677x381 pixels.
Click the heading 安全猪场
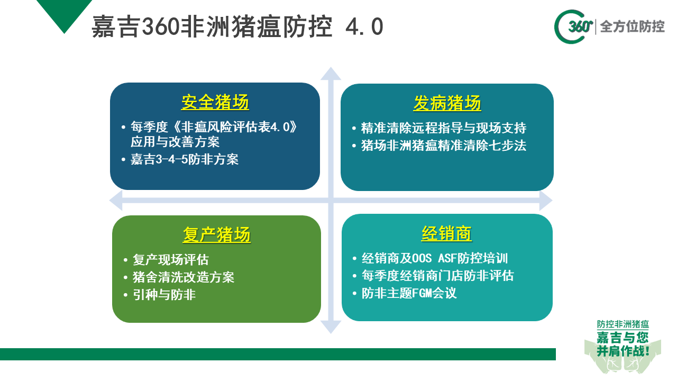(x=215, y=102)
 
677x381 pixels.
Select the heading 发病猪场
(x=447, y=103)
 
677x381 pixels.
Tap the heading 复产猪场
(x=217, y=234)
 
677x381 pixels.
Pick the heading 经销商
(x=447, y=233)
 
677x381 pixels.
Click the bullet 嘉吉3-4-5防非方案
(x=185, y=159)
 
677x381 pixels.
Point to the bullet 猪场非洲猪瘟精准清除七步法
(x=444, y=146)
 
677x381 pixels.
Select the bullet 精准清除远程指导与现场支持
(x=444, y=128)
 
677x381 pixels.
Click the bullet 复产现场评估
(x=171, y=260)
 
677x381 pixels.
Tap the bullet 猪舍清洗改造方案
(x=184, y=277)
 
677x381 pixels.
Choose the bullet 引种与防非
(x=164, y=295)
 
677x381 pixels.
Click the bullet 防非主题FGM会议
(x=409, y=293)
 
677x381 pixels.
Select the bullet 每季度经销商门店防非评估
(x=437, y=276)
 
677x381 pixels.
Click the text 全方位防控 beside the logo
(x=632, y=26)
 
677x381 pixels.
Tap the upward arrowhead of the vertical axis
(x=331, y=74)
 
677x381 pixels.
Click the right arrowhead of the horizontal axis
(x=546, y=201)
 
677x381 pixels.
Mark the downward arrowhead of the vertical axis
(x=331, y=327)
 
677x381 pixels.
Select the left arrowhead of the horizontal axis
(x=116, y=201)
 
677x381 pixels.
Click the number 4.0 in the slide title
(x=364, y=26)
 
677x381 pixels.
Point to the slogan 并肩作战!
(x=623, y=351)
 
